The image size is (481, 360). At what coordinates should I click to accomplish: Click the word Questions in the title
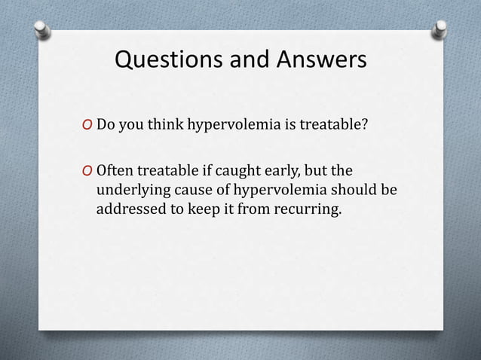click(x=161, y=59)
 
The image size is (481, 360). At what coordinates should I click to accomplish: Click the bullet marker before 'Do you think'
click(x=87, y=125)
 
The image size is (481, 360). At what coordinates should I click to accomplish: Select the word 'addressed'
click(x=129, y=208)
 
